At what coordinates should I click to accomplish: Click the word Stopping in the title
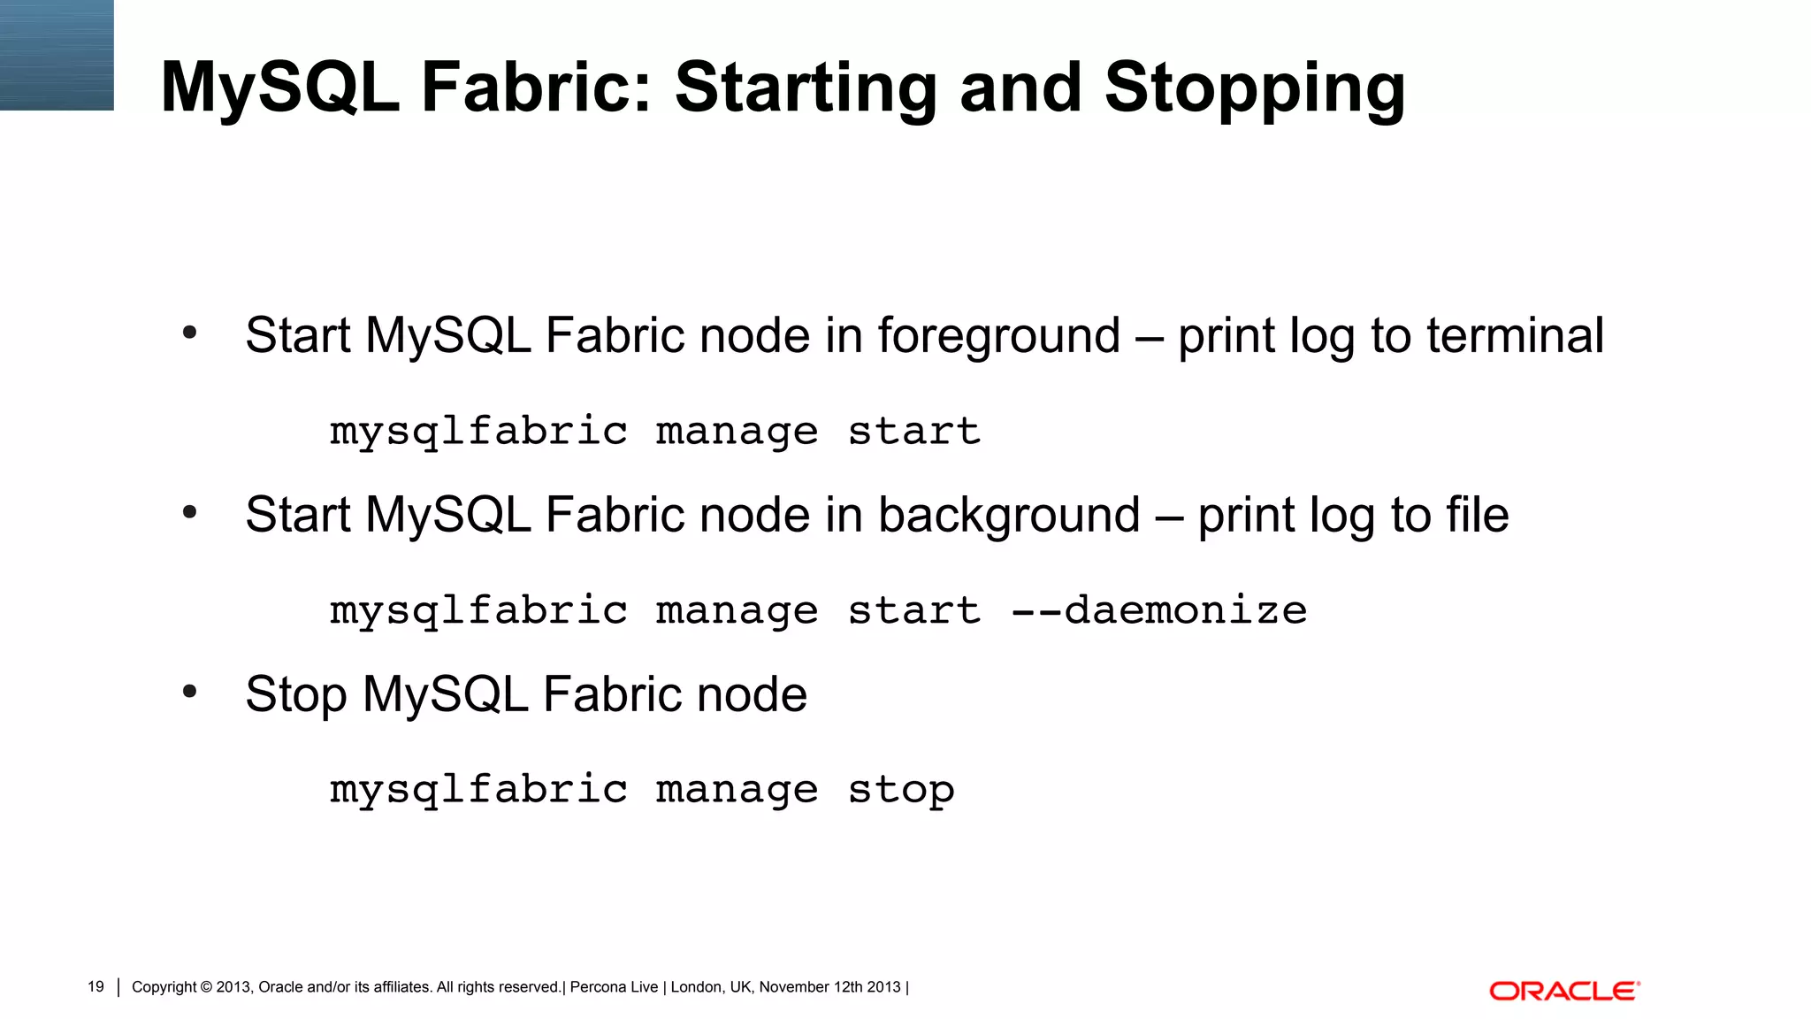point(1254,88)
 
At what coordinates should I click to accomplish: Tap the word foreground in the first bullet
point(998,337)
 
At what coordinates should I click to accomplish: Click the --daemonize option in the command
point(1158,610)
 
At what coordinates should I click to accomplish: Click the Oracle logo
point(1563,991)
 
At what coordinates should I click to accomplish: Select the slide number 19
point(96,987)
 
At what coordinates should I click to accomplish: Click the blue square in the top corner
point(57,55)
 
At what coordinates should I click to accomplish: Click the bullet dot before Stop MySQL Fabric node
point(189,692)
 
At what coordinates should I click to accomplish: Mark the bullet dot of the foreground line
point(189,333)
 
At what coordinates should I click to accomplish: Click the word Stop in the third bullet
point(295,694)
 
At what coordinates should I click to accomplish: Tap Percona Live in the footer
point(614,987)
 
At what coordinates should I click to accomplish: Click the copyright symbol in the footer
point(206,987)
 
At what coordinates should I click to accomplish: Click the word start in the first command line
point(913,432)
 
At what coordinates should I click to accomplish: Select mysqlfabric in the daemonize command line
point(478,611)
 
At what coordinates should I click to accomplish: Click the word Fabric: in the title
point(536,88)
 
